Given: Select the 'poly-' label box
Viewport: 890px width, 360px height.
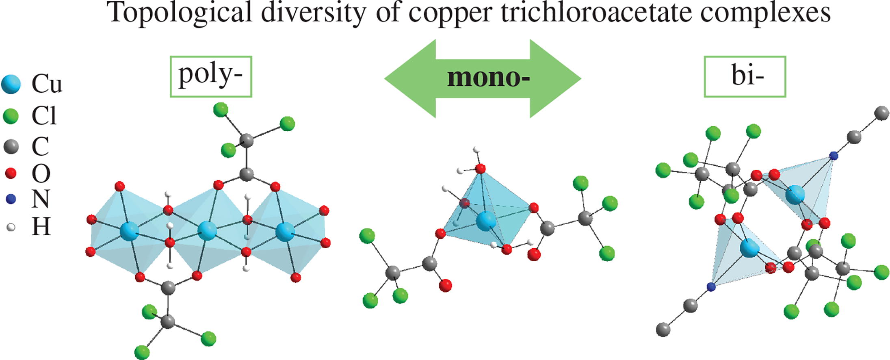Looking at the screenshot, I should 211,76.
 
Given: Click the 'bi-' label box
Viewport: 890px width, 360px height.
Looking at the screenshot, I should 745,76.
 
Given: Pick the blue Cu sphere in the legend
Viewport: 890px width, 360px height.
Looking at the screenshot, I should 11,85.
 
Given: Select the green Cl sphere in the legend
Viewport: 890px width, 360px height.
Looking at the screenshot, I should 11,117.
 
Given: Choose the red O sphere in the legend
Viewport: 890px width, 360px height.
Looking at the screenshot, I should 11,173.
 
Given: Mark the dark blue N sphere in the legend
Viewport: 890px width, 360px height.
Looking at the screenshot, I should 11,200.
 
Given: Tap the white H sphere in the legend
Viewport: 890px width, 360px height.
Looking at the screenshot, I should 11,227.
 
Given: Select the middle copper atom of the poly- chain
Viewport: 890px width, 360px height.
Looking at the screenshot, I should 207,232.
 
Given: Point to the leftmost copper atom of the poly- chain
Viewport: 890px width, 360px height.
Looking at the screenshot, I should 130,232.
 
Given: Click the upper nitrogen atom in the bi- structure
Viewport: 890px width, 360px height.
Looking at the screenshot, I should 833,156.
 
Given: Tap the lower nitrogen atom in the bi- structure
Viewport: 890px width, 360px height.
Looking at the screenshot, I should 711,287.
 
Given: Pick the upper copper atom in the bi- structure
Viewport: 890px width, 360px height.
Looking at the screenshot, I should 795,195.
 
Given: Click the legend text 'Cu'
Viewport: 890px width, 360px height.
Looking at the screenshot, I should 47,85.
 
